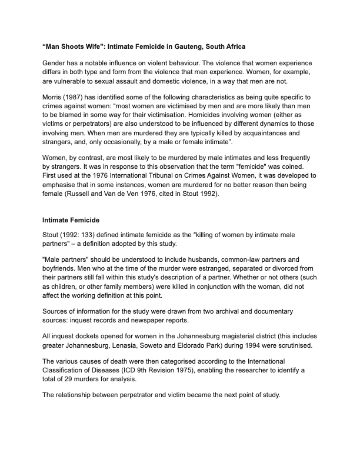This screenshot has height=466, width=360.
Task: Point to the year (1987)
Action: click(80, 95)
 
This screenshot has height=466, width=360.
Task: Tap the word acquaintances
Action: click(243, 133)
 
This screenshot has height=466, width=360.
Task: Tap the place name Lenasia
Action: click(145, 345)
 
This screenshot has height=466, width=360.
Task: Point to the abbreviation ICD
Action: click(129, 370)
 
